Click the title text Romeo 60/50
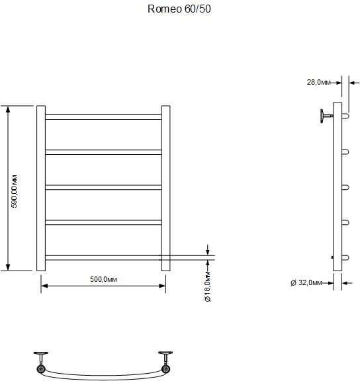[x=179, y=9]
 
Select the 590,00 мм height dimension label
[x=14, y=191]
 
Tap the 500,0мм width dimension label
[x=103, y=279]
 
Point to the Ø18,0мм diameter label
[x=208, y=287]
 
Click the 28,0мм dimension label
[x=318, y=83]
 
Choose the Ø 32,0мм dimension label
[x=306, y=283]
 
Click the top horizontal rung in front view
[x=103, y=117]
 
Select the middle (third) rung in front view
[x=103, y=187]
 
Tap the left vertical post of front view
[x=41, y=189]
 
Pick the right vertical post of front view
[x=166, y=189]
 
